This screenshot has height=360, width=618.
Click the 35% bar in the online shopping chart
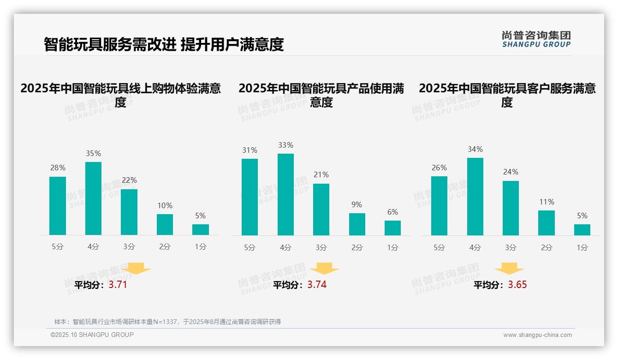(94, 198)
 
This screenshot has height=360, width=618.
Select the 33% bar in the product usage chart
(285, 194)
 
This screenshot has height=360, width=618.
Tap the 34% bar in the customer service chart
(475, 197)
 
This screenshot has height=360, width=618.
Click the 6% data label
(392, 212)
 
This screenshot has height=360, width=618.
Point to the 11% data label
(547, 202)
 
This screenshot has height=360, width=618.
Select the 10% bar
(165, 224)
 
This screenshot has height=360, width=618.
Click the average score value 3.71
(118, 285)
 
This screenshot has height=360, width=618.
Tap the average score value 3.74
(317, 285)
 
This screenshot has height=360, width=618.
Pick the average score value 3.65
(517, 285)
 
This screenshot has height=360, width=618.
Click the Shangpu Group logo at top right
(536, 39)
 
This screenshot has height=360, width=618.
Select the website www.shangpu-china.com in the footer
(537, 335)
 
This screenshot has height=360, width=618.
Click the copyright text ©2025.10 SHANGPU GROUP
(92, 335)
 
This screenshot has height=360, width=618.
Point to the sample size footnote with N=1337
(167, 322)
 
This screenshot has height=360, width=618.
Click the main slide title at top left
(163, 44)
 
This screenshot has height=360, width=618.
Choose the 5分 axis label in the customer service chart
(439, 248)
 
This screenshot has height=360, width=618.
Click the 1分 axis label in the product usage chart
(392, 248)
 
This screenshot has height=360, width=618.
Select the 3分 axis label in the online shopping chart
(129, 247)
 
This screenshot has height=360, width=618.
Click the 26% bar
(439, 206)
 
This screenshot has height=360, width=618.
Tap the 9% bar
(357, 224)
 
